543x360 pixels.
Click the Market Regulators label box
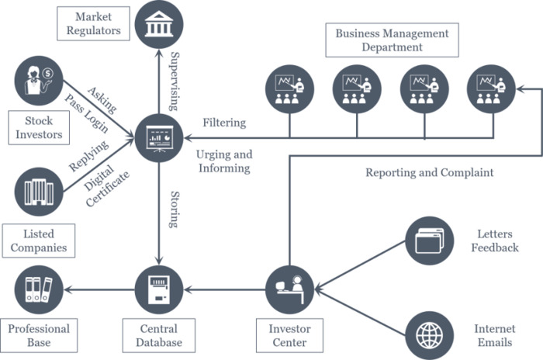click(x=94, y=23)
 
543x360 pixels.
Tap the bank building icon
click(x=159, y=24)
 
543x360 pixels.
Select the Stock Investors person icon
click(x=39, y=81)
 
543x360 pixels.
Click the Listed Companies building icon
click(x=39, y=192)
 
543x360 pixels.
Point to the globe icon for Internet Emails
click(x=430, y=335)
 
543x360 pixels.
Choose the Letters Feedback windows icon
click(x=430, y=241)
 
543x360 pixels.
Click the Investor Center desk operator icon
click(x=290, y=289)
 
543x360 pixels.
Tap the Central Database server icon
click(x=159, y=289)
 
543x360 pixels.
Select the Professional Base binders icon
click(x=39, y=289)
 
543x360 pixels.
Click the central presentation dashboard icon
click(x=159, y=138)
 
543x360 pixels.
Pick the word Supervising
click(x=175, y=81)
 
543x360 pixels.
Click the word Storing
click(x=175, y=209)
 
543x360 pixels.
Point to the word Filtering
click(x=224, y=123)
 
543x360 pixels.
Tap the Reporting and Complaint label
click(x=430, y=172)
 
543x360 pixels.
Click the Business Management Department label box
click(x=392, y=40)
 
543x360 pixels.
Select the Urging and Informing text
click(x=224, y=161)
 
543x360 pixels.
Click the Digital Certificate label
click(x=105, y=185)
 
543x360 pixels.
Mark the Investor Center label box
click(x=290, y=335)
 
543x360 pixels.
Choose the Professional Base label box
click(x=39, y=335)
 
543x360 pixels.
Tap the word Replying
click(x=88, y=156)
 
